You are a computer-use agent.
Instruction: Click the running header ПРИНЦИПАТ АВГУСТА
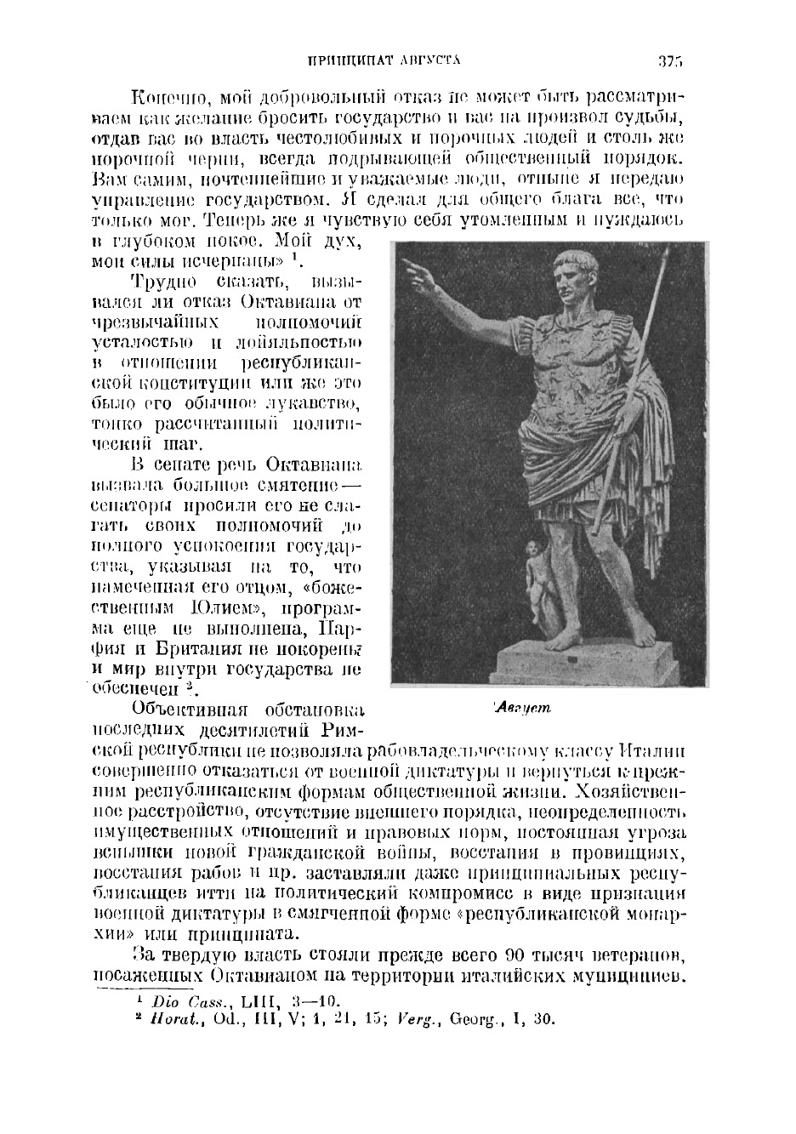[x=383, y=61]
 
